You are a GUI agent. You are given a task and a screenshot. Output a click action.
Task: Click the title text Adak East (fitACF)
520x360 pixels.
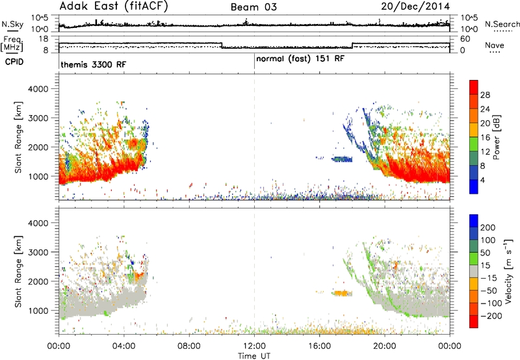(x=114, y=6)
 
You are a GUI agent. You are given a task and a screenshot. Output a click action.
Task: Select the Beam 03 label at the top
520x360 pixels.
(x=253, y=7)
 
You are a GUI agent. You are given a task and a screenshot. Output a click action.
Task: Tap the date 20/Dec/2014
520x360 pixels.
(x=415, y=6)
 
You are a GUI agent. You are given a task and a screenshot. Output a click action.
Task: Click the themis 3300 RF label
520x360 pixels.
(x=94, y=64)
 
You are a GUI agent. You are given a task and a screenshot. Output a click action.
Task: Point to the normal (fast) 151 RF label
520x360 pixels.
(x=300, y=59)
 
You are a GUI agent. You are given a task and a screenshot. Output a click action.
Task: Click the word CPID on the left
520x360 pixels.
(x=14, y=62)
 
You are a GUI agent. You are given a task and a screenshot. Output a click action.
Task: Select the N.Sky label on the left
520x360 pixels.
(x=12, y=24)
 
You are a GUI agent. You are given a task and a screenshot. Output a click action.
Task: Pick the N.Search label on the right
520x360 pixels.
(x=502, y=24)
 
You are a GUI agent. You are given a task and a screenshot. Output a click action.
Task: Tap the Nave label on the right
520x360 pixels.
(x=495, y=45)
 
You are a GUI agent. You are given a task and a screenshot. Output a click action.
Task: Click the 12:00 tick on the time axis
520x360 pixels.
(x=254, y=346)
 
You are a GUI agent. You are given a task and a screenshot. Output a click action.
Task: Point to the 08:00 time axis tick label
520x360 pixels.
(x=189, y=346)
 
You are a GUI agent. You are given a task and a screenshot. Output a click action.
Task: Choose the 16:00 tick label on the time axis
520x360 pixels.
(x=319, y=346)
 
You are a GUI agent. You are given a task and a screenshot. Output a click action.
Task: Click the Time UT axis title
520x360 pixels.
(x=254, y=356)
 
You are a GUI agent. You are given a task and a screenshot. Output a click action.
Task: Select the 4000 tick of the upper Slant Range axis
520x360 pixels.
(x=38, y=89)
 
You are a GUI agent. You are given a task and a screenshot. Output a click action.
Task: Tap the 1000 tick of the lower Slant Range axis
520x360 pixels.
(x=38, y=311)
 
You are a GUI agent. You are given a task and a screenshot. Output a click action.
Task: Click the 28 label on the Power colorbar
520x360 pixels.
(x=485, y=95)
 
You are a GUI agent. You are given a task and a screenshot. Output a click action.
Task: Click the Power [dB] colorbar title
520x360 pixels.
(x=497, y=137)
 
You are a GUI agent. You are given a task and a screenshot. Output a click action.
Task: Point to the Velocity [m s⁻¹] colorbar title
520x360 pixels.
(x=508, y=271)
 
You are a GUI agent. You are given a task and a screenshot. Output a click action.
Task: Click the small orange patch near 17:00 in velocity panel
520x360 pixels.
(x=343, y=293)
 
